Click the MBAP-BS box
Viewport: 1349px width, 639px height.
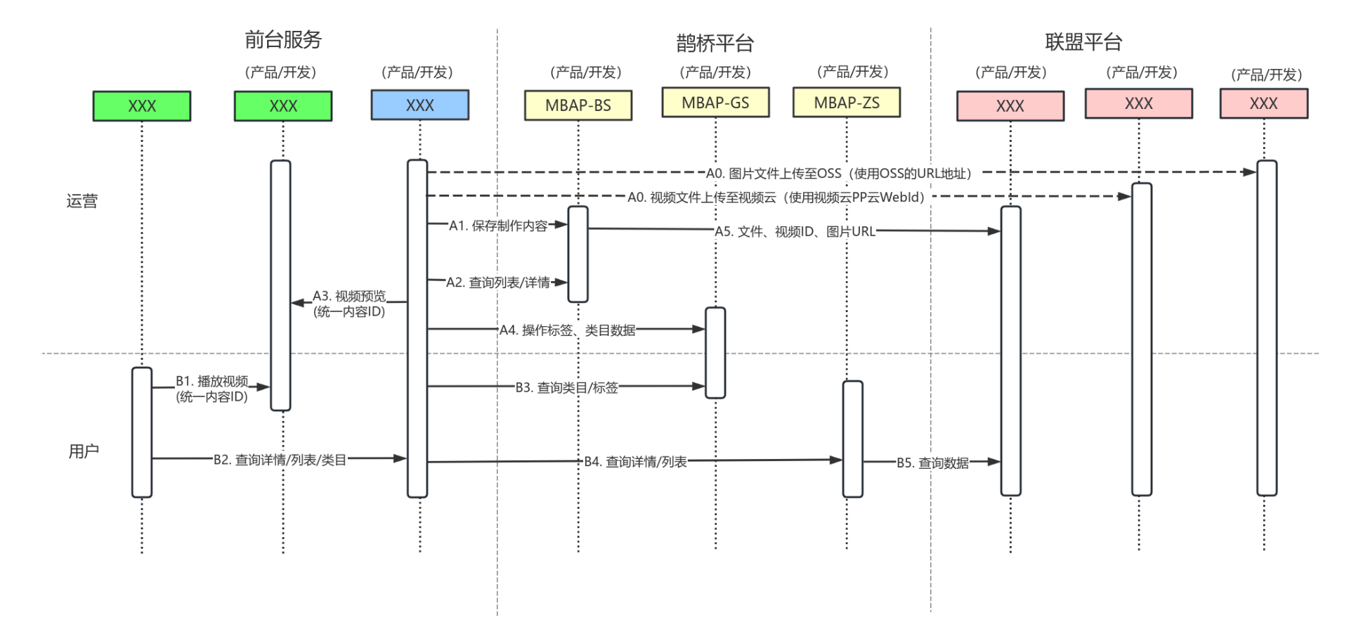[578, 105]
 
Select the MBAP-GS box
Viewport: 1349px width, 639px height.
[715, 103]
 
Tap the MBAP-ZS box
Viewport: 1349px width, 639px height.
[846, 103]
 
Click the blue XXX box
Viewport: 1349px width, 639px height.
[419, 105]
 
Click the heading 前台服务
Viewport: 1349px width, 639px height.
[282, 40]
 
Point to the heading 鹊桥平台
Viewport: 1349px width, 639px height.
[715, 44]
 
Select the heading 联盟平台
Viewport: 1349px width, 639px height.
[1083, 42]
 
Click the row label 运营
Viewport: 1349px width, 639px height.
[82, 201]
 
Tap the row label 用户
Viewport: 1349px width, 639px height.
[84, 451]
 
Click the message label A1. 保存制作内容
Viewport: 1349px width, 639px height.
[498, 226]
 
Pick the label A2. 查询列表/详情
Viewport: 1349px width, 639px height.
[498, 283]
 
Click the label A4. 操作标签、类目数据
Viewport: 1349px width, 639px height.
[567, 330]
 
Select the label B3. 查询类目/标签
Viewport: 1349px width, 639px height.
[566, 387]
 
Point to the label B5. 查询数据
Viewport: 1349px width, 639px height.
[932, 463]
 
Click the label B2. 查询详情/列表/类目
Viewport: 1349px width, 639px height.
[280, 460]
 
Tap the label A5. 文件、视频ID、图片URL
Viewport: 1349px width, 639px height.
[795, 231]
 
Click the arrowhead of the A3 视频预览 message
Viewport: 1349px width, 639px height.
[296, 303]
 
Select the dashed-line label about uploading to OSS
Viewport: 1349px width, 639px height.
[838, 174]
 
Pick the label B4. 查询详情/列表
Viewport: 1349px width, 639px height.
[635, 462]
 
